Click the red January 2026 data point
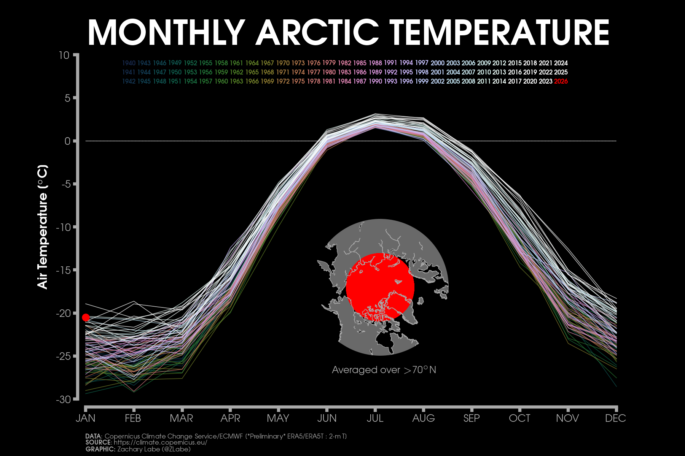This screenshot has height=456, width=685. pos(86,317)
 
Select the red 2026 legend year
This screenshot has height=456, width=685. pos(561,81)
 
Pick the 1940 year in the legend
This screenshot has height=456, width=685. pos(129,63)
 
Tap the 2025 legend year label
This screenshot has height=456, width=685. pos(561,72)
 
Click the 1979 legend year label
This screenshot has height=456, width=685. pos(329,63)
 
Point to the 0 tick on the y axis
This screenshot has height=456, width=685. pos(67,141)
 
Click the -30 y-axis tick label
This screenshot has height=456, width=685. pos(63,399)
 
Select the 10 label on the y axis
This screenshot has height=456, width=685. pos(64,55)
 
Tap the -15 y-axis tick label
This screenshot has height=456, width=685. pos(63,270)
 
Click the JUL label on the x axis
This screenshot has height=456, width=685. pos(375,418)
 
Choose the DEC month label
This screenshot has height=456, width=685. pos(615,418)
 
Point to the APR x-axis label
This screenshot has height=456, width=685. pos(230,418)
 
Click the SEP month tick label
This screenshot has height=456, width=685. pos(472,418)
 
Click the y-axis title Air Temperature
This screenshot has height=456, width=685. pos(43,227)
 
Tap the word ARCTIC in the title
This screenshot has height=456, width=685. pos(318,33)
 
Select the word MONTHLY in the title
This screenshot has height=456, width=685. pos(166,33)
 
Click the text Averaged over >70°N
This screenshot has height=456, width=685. pos(384,370)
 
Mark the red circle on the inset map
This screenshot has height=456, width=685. pos(380,287)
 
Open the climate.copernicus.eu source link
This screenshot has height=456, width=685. pos(160,443)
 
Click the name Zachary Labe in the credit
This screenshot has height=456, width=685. pos(139,449)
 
